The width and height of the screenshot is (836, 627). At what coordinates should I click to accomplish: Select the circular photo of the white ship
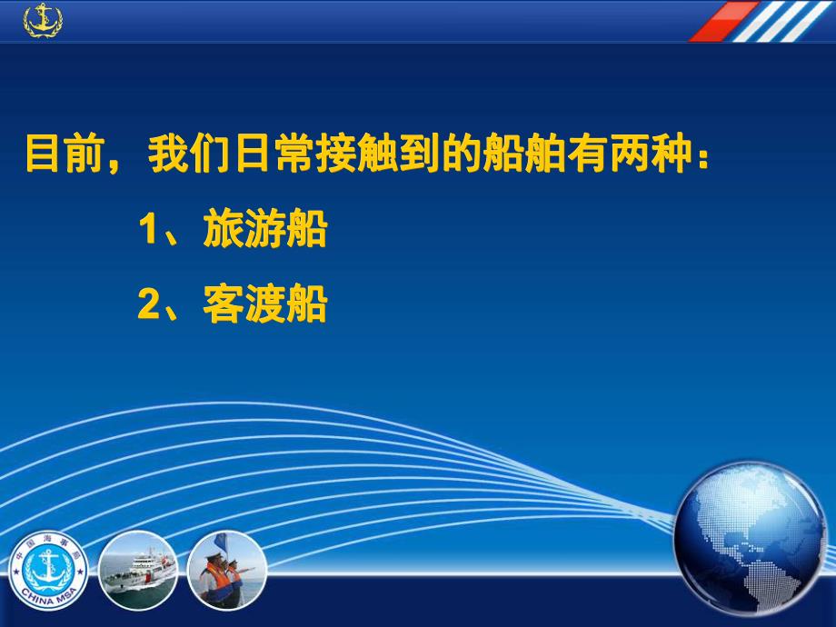(x=137, y=572)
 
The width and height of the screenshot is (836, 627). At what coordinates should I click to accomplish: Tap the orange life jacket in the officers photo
(x=215, y=582)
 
